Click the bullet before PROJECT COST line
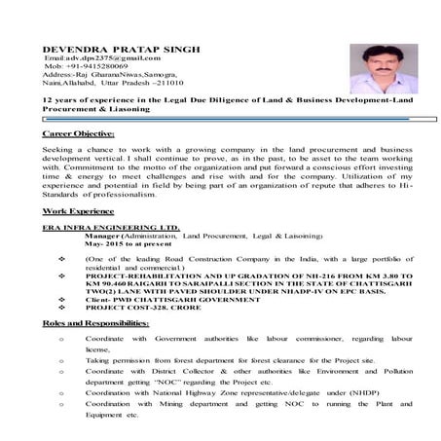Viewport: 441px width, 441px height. [x=63, y=309]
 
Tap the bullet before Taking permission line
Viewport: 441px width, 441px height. [x=61, y=360]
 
